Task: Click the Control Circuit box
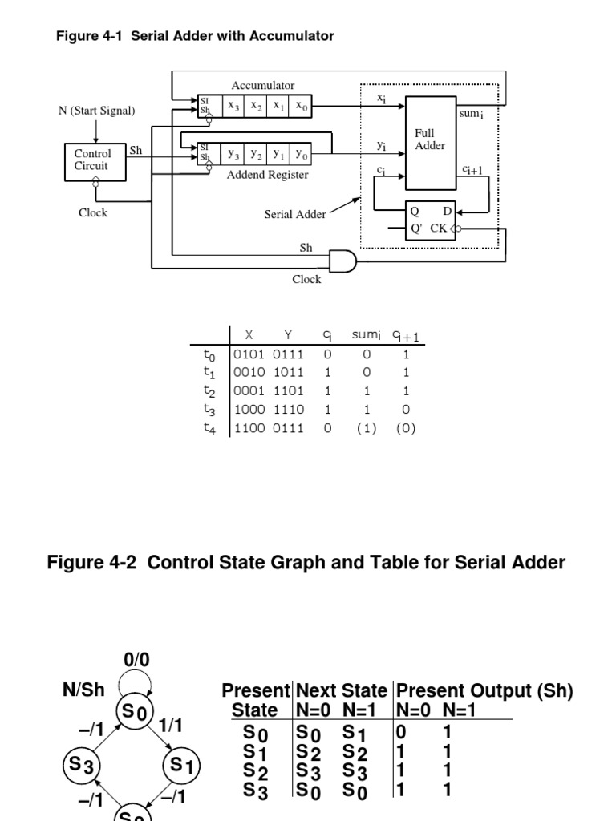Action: [x=93, y=160]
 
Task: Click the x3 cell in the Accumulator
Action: [x=233, y=106]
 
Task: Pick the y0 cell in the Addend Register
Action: [x=301, y=152]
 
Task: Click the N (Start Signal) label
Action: [x=96, y=111]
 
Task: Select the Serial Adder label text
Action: [x=295, y=214]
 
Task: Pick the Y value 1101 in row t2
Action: [x=288, y=390]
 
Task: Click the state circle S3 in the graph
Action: [x=79, y=765]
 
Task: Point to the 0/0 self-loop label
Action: [x=136, y=660]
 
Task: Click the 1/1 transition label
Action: [x=171, y=725]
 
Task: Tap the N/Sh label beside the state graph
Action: [x=83, y=690]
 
